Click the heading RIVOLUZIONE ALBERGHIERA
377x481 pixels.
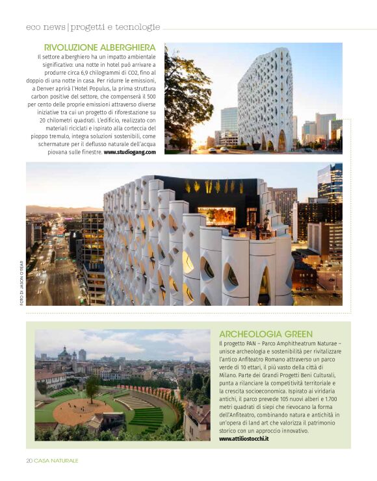pyautogui.click(x=99, y=47)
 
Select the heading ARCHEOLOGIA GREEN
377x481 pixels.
pyautogui.click(x=266, y=334)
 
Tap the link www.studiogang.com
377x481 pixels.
pyautogui.click(x=130, y=152)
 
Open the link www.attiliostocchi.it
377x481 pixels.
pyautogui.click(x=244, y=439)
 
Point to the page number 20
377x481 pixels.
pyautogui.click(x=29, y=460)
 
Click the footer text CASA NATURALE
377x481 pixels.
pyautogui.click(x=57, y=460)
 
